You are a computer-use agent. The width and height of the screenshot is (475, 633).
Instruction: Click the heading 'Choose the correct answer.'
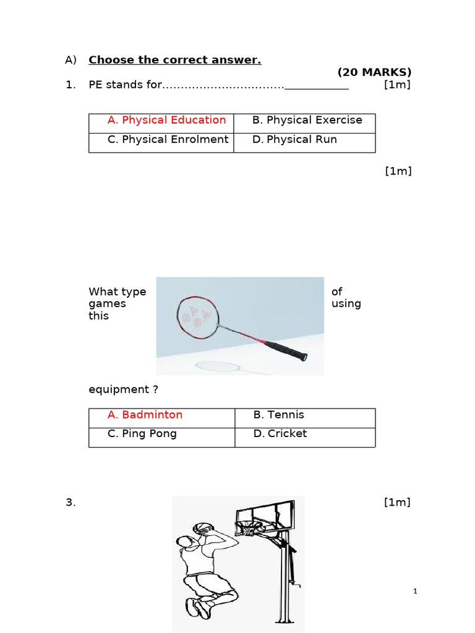(x=174, y=60)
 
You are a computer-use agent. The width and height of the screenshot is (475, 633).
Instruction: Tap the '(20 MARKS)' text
(x=374, y=72)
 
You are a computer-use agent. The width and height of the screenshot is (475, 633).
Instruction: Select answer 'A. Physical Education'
(x=166, y=120)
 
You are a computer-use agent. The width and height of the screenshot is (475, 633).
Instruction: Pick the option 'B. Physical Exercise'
(x=307, y=120)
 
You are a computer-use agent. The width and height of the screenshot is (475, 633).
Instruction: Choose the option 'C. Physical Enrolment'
(x=168, y=139)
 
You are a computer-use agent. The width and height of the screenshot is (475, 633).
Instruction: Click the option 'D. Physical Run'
(x=294, y=139)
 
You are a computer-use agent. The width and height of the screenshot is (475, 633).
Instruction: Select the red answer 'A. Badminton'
(x=145, y=415)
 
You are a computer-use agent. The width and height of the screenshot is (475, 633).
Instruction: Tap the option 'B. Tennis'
(x=278, y=415)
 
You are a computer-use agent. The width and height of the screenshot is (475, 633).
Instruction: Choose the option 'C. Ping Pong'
(x=142, y=433)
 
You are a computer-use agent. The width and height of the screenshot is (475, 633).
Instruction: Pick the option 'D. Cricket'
(x=280, y=433)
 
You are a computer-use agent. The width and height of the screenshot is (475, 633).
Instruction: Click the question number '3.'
(x=71, y=503)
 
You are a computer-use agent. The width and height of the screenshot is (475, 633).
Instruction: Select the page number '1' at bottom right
(x=416, y=592)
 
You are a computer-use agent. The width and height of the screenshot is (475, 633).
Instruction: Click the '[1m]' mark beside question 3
(x=397, y=503)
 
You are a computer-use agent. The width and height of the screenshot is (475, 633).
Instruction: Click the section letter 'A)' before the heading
(x=71, y=60)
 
